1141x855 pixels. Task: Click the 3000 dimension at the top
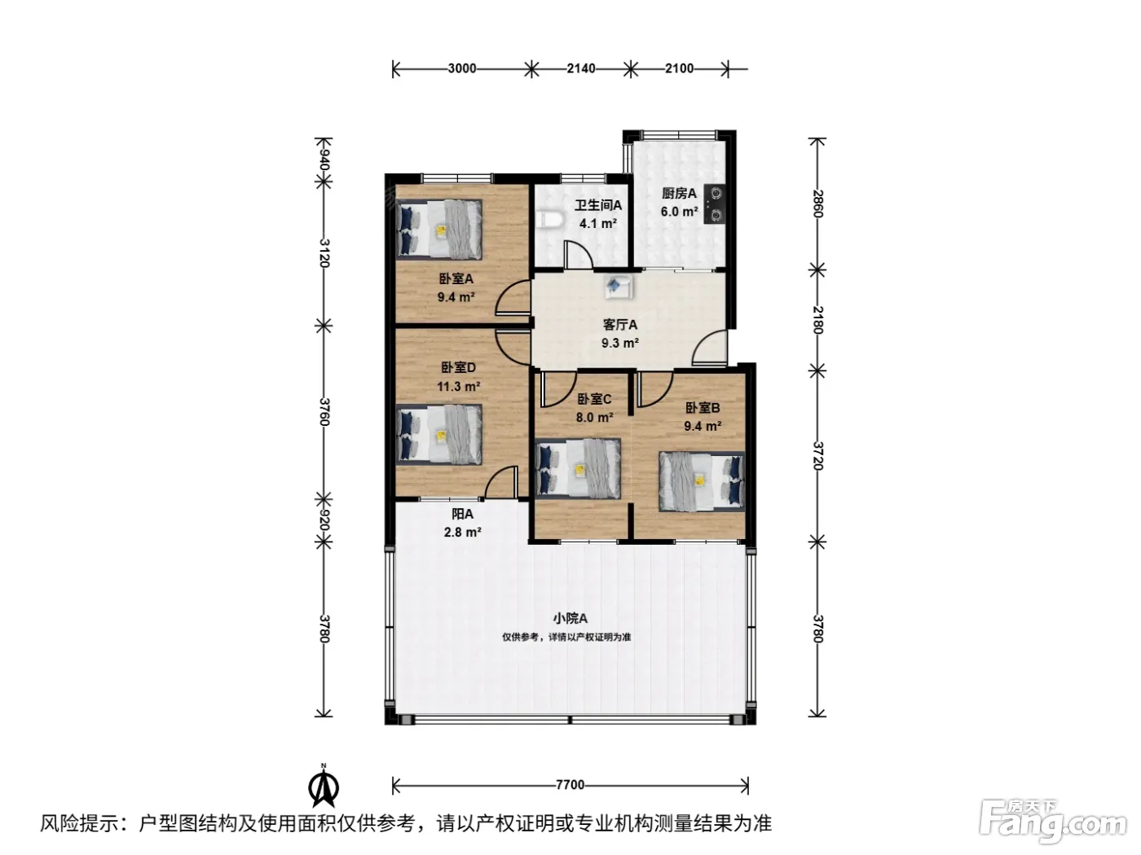(x=461, y=68)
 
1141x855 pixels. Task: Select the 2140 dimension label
(x=580, y=68)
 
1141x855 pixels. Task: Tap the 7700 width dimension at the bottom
(x=570, y=785)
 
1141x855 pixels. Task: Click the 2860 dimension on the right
(x=817, y=204)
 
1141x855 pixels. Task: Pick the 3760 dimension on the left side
(x=324, y=412)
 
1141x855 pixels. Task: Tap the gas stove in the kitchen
(x=716, y=204)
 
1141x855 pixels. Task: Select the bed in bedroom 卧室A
(x=439, y=229)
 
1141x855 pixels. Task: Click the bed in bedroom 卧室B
(x=702, y=481)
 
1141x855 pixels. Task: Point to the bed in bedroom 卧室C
(x=578, y=468)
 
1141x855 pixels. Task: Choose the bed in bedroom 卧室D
(x=439, y=435)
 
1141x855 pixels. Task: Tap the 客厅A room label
(x=619, y=325)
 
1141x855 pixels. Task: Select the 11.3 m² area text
(x=458, y=387)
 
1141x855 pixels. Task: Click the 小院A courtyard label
(x=570, y=618)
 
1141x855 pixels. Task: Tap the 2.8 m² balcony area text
(x=462, y=532)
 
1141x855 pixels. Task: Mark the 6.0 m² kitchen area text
(x=679, y=212)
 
